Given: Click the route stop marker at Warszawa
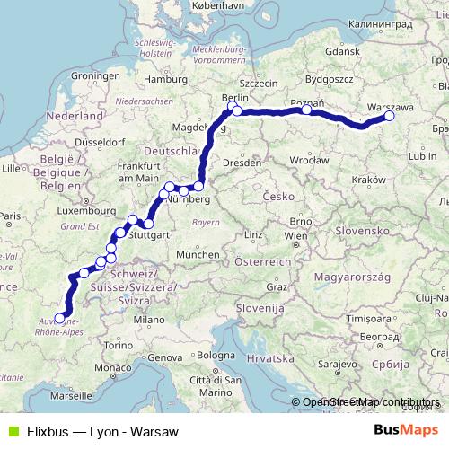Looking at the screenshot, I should click(x=390, y=116).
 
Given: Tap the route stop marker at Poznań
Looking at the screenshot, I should click(x=307, y=110).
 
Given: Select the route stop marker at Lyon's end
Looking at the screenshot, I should click(x=60, y=317).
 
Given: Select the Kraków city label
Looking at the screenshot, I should click(x=364, y=180).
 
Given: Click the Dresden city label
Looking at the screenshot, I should click(x=244, y=163).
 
